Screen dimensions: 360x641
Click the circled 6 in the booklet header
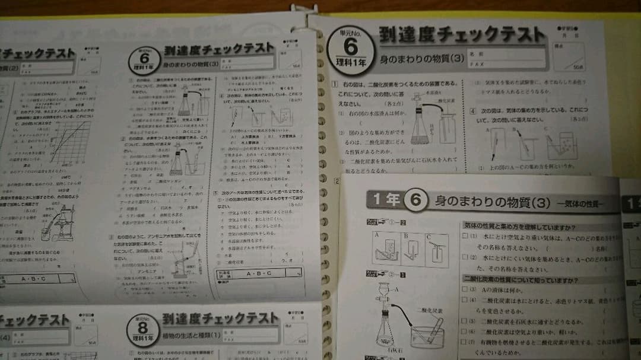click(x=415, y=201)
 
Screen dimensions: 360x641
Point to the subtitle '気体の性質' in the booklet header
click(x=580, y=203)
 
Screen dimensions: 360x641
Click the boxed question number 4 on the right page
click(x=472, y=111)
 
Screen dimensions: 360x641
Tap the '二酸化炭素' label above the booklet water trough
click(x=426, y=310)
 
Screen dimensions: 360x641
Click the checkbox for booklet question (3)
click(x=465, y=290)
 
